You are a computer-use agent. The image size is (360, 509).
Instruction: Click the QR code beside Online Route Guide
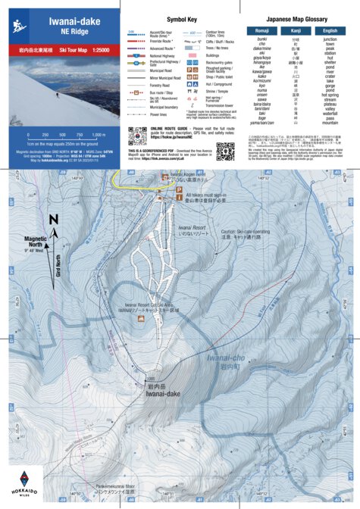click(x=137, y=136)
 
